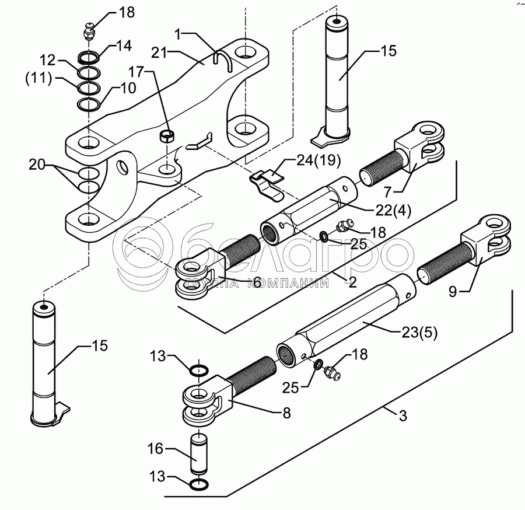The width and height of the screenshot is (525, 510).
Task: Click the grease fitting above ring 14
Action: tap(89, 32)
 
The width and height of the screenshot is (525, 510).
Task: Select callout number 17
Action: tap(136, 72)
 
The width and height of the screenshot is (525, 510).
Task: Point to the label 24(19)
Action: tap(318, 160)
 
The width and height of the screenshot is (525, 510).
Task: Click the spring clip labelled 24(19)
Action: tap(268, 185)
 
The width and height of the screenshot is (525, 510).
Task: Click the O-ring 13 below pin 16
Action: tap(199, 484)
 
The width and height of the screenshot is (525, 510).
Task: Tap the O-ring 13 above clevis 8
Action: tap(199, 370)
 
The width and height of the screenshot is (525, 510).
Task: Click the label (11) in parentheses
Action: tap(39, 79)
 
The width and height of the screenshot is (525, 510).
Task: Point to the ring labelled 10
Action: tap(89, 104)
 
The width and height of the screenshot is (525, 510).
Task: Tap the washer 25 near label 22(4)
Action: tap(324, 236)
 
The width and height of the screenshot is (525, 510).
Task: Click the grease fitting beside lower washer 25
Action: tap(331, 371)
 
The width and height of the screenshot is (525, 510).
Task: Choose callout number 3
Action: tap(402, 415)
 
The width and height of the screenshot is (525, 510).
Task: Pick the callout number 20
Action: tap(37, 165)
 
